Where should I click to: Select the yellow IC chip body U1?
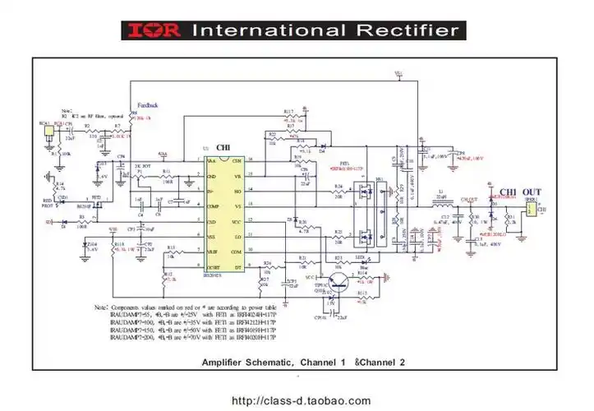pyautogui.click(x=223, y=214)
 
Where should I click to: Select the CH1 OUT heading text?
pyautogui.click(x=514, y=191)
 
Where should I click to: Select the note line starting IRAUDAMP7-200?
pyautogui.click(x=193, y=337)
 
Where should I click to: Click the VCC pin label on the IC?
pyautogui.click(x=235, y=222)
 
